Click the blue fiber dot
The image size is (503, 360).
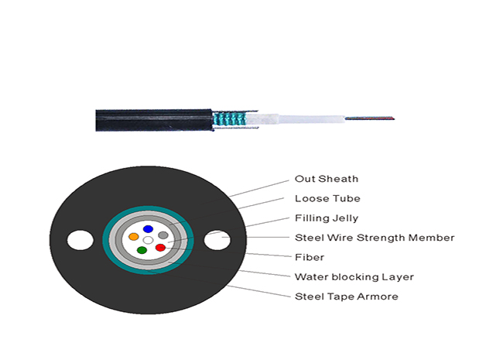point(148,229)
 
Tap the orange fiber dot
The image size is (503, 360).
point(133,237)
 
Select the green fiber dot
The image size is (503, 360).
point(142,250)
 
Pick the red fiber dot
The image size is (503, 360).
point(160,248)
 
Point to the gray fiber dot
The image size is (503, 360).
point(163,235)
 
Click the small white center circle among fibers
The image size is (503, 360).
point(148,240)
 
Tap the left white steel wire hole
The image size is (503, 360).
point(80,240)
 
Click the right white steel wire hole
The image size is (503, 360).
point(217,240)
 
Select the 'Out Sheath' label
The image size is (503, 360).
point(327,179)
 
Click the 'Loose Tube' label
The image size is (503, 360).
point(327,198)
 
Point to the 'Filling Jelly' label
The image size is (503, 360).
point(327,218)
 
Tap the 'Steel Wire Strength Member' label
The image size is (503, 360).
point(375,238)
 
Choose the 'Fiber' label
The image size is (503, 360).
point(310,257)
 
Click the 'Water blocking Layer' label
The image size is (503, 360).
point(354,276)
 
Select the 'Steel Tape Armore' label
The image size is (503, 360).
point(346,297)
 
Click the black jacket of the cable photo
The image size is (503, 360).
point(154,120)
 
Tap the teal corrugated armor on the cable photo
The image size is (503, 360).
point(229,119)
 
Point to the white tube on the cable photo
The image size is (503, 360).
point(295,119)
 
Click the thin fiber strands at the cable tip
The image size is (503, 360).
point(370,118)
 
